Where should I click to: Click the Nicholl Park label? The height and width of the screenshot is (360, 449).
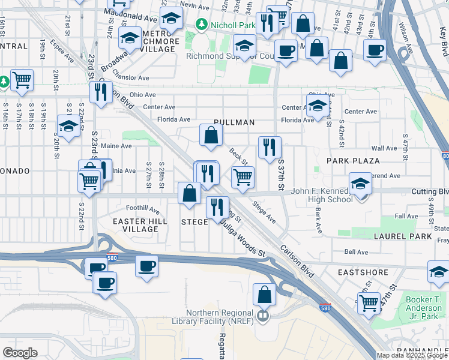pos(227,25)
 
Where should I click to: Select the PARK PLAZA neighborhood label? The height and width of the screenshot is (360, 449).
pos(353,161)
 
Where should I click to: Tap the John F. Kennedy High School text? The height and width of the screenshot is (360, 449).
pos(322,196)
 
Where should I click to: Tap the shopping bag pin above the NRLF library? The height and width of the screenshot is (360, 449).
pos(264,295)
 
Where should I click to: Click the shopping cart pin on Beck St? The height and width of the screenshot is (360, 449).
pos(243,177)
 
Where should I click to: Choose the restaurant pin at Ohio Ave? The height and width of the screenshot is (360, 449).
pos(100,92)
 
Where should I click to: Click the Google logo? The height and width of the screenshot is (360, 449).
pos(20,352)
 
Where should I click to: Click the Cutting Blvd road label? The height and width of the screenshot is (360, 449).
pos(430,192)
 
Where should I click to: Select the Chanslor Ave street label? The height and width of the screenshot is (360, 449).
pos(131,78)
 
